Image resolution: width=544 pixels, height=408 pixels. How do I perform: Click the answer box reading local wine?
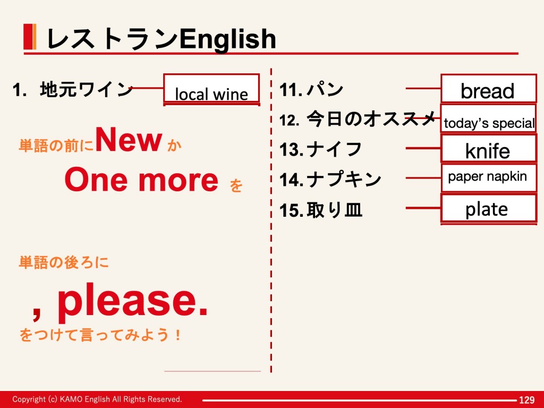[211, 89]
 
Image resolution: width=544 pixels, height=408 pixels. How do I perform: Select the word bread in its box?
[488, 91]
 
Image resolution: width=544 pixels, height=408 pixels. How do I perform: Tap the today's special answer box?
[489, 118]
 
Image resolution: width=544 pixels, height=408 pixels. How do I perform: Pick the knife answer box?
[489, 149]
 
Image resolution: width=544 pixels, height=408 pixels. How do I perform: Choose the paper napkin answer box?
[489, 178]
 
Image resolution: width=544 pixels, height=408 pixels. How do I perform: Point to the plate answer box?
[489, 208]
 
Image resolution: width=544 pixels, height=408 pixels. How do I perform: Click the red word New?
[129, 140]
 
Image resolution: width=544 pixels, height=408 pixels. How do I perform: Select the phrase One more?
[141, 180]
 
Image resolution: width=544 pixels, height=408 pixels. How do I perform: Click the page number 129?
[526, 400]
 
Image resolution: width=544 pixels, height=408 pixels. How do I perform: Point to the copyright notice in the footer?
[97, 399]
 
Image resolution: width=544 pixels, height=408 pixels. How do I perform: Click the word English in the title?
[227, 39]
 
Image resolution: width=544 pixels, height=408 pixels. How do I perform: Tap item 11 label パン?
[325, 89]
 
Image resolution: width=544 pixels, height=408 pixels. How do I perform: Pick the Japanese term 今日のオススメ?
[371, 118]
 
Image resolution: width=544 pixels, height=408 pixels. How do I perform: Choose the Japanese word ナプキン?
[344, 180]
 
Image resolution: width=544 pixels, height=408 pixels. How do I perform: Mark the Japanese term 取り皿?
[335, 210]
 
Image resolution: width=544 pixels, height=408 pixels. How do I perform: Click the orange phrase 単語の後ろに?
[64, 262]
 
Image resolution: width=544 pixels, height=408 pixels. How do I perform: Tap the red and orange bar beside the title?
[30, 37]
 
